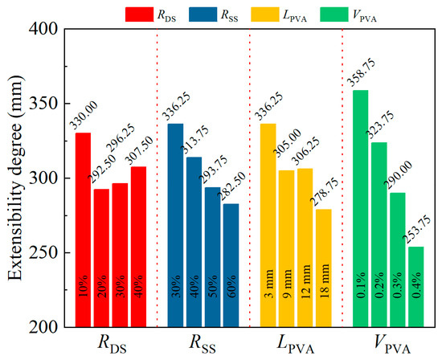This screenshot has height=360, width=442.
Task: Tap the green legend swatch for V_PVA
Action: tap(350, 13)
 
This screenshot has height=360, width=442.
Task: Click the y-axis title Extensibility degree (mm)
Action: tap(16, 178)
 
